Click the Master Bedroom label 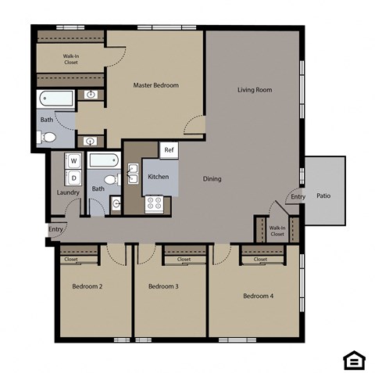click(155, 85)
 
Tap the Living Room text click(255, 90)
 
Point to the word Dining click(212, 179)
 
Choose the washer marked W click(73, 161)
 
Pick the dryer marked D click(73, 178)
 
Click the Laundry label click(68, 192)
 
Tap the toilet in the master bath click(48, 138)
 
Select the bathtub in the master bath click(55, 99)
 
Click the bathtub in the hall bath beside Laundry click(103, 161)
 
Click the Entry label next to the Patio click(298, 197)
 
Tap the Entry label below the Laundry click(55, 229)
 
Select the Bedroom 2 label click(87, 286)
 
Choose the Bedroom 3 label click(163, 286)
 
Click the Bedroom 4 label click(258, 296)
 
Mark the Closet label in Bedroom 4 click(260, 259)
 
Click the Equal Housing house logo click(353, 359)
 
